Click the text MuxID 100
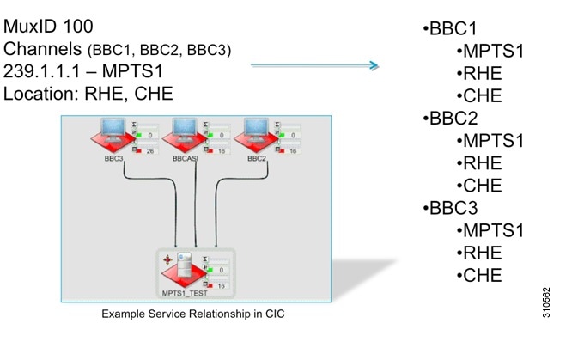pyautogui.click(x=48, y=26)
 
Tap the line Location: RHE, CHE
pyautogui.click(x=88, y=93)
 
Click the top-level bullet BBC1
pyautogui.click(x=452, y=28)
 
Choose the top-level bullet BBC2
pyautogui.click(x=452, y=118)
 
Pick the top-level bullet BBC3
pyautogui.click(x=452, y=207)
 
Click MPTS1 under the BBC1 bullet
pyautogui.click(x=493, y=51)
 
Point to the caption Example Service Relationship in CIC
pyautogui.click(x=192, y=314)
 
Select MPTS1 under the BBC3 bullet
pyautogui.click(x=493, y=229)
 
